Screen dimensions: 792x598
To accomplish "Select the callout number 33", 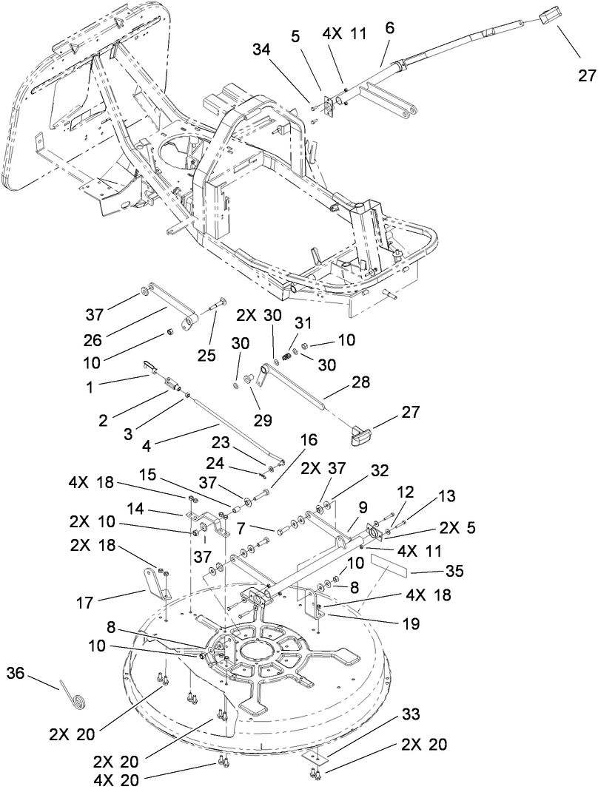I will click(411, 715).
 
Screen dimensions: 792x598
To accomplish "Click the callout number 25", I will click(206, 356).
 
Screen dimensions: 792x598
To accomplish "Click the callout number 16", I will click(308, 441).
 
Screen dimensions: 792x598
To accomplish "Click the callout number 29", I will click(263, 419).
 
